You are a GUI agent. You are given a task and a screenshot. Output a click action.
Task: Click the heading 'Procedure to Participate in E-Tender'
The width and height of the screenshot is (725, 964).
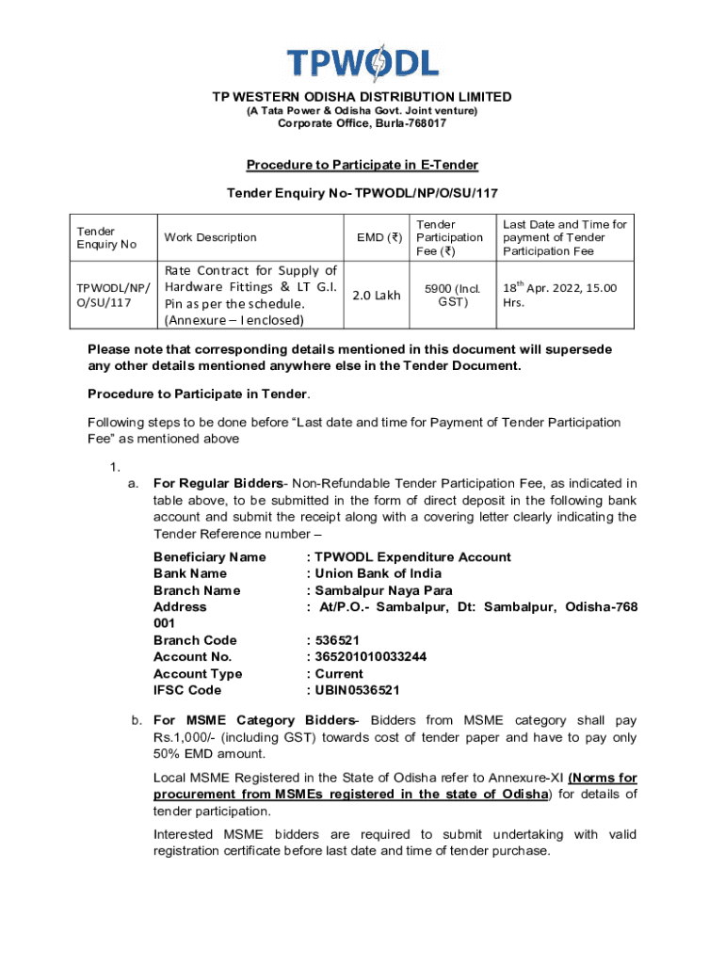(x=362, y=166)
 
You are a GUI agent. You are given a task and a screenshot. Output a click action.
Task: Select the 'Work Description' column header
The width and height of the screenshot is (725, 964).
(x=209, y=237)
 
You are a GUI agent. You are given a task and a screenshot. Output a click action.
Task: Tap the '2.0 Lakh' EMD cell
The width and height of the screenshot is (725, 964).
(x=376, y=296)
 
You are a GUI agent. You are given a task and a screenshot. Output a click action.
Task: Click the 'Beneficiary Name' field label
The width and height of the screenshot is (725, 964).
(x=209, y=557)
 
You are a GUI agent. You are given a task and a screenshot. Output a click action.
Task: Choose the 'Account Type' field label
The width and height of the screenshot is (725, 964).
(x=198, y=674)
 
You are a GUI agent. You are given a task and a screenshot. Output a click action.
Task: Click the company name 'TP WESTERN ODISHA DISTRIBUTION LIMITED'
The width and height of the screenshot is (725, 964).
(x=362, y=97)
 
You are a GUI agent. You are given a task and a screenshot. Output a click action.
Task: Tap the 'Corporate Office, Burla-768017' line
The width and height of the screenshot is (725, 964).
(x=362, y=124)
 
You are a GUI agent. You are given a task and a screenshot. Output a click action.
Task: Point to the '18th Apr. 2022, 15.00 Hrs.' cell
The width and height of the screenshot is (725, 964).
(x=560, y=296)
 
